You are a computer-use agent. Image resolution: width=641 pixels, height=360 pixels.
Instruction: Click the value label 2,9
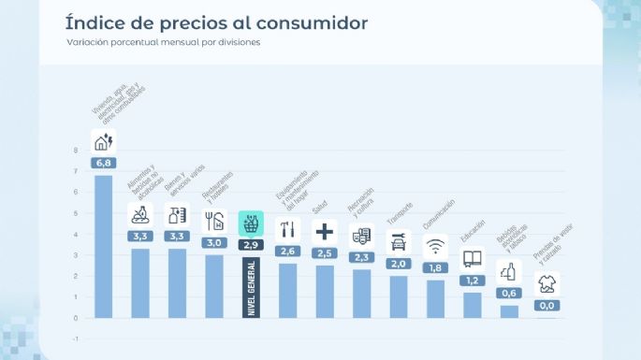[251, 244]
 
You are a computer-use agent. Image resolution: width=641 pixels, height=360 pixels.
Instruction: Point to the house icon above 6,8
[103, 141]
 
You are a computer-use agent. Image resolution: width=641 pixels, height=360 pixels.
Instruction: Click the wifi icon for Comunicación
[435, 247]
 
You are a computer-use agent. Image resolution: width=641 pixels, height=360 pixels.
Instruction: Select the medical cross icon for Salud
[325, 231]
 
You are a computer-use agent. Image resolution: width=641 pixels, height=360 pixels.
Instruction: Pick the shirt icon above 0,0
[546, 284]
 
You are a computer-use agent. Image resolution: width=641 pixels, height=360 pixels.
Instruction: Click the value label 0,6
[509, 293]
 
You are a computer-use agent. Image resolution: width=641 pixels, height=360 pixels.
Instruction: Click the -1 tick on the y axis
[75, 338]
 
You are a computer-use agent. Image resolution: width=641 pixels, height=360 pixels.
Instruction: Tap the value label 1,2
[473, 281]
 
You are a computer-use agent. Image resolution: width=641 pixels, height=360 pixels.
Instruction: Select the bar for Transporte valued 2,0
[399, 296]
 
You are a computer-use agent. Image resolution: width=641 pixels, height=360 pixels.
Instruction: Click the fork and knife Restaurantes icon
[214, 221]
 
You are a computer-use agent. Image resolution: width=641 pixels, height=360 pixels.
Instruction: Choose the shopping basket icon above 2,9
[251, 223]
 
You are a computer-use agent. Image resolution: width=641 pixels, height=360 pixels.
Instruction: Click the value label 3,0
[214, 242]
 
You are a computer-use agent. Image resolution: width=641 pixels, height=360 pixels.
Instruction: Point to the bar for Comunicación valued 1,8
[435, 299]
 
